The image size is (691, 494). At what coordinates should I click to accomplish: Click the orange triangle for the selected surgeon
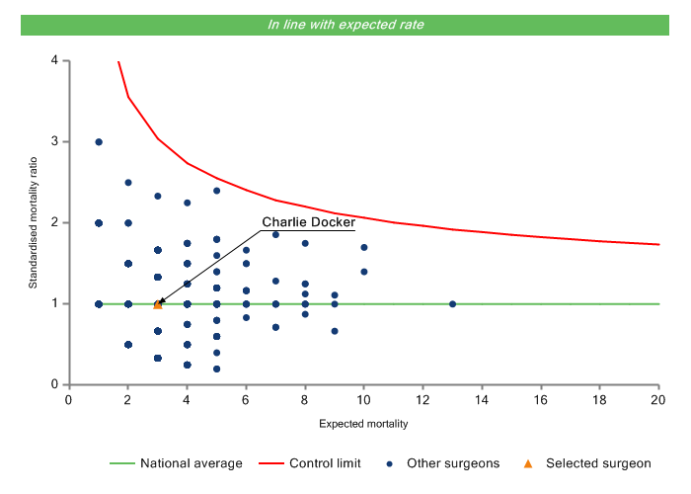click(x=158, y=304)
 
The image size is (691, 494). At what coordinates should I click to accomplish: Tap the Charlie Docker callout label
click(x=308, y=222)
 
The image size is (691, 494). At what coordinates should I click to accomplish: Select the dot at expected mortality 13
click(x=453, y=304)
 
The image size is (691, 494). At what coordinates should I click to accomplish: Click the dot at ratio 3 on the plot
click(x=99, y=142)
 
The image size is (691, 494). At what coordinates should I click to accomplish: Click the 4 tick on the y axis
click(x=55, y=61)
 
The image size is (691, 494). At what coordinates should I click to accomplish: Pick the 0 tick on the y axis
click(x=55, y=385)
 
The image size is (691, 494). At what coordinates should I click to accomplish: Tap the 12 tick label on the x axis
click(x=423, y=398)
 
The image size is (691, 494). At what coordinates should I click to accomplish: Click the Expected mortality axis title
click(x=363, y=424)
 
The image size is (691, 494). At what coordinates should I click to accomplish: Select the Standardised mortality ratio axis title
click(x=34, y=222)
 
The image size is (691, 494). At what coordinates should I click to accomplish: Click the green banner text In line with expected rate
click(x=345, y=25)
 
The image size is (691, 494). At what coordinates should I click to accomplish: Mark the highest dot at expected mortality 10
click(x=364, y=247)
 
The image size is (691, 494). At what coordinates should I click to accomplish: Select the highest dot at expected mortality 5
click(x=217, y=191)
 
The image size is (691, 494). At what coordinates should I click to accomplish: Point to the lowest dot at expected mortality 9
click(x=335, y=331)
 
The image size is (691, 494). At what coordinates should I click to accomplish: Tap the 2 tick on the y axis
click(x=55, y=223)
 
